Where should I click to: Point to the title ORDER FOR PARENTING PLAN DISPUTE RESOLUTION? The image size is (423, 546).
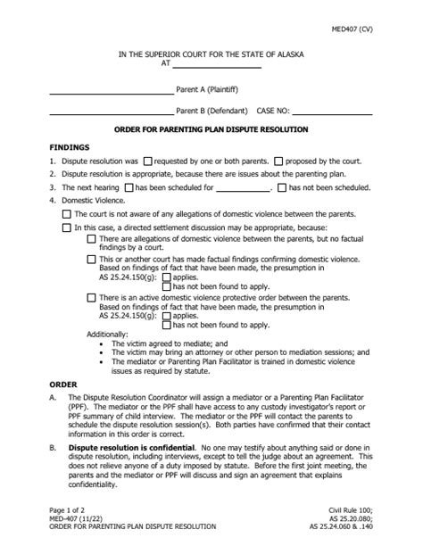[211, 130]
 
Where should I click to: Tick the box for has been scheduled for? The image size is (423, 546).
[129, 188]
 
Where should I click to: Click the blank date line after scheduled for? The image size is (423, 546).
[243, 189]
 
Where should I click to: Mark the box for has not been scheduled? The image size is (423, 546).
[282, 188]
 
